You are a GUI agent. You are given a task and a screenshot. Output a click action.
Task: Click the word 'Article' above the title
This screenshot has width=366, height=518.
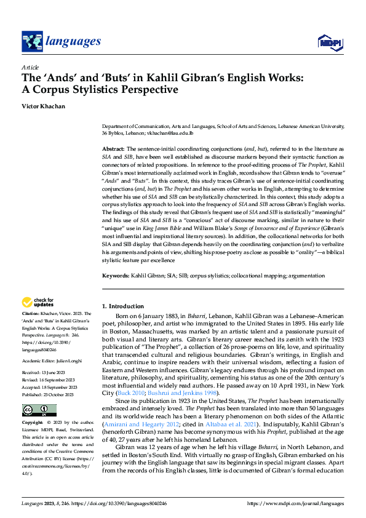point(30,67)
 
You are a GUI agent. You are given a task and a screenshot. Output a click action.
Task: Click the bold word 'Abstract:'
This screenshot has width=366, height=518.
point(113,149)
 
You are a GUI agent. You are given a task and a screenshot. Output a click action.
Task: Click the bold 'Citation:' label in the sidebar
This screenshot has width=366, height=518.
point(31,314)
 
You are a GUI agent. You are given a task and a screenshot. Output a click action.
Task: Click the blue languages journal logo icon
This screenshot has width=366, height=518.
point(32,41)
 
